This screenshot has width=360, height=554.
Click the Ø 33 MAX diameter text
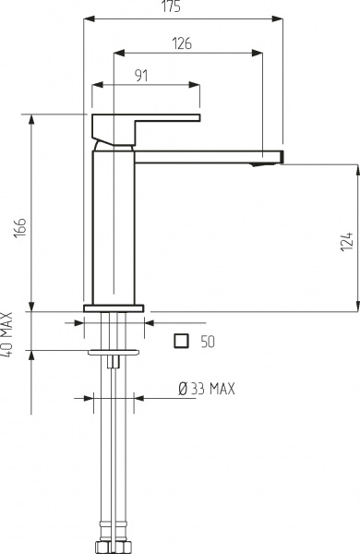point(206,389)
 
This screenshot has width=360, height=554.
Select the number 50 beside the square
point(208,342)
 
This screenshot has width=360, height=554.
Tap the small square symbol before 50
point(182,341)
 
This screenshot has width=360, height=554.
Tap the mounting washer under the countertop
point(114,352)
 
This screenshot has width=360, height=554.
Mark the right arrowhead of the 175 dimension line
point(280,17)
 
